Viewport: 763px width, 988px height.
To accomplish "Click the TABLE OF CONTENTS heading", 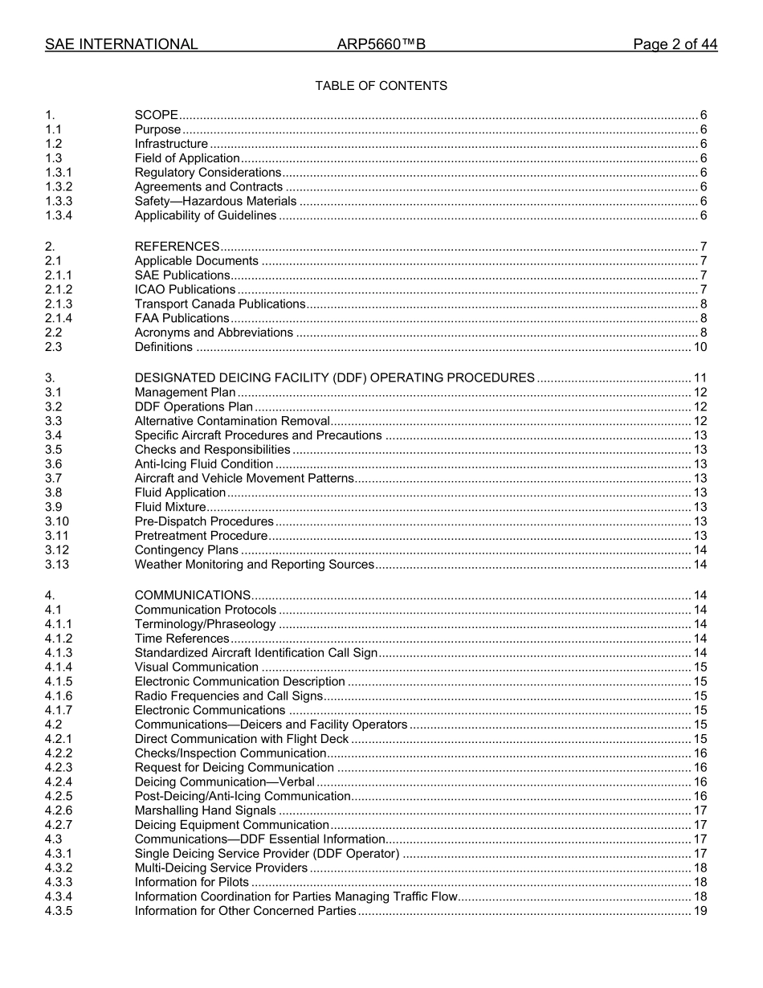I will (x=381, y=86).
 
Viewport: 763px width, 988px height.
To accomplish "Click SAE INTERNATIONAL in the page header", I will (x=121, y=45).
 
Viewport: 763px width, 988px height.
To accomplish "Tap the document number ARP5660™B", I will (x=381, y=45).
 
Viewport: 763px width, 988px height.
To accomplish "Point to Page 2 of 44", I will (x=675, y=45).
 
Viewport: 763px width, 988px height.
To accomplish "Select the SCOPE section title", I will (x=157, y=115).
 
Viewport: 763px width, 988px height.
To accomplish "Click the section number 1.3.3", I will (x=59, y=202).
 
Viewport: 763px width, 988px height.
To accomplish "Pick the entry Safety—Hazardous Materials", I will (x=215, y=202).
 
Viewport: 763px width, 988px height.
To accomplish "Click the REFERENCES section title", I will (x=177, y=247).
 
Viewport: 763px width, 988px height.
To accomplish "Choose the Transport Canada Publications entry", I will (x=220, y=304).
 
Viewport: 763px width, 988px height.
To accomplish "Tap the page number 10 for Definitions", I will (x=700, y=348).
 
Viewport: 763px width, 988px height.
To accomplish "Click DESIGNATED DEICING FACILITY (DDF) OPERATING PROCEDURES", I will (x=334, y=378).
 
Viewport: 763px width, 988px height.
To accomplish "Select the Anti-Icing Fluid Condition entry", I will (x=204, y=464).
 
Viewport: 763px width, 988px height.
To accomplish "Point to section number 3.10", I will (x=57, y=522).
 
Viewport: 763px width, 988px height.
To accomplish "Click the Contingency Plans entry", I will (x=186, y=551).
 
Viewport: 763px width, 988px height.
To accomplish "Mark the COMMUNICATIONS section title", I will (x=193, y=596).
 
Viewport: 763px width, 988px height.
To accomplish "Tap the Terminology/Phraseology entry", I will (x=205, y=625).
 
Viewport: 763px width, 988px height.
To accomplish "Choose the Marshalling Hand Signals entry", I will (x=205, y=811).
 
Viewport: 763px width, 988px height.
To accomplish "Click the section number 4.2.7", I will (x=59, y=826).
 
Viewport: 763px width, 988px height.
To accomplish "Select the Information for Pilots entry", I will (x=192, y=883).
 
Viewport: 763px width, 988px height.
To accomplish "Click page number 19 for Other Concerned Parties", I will (x=700, y=912).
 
